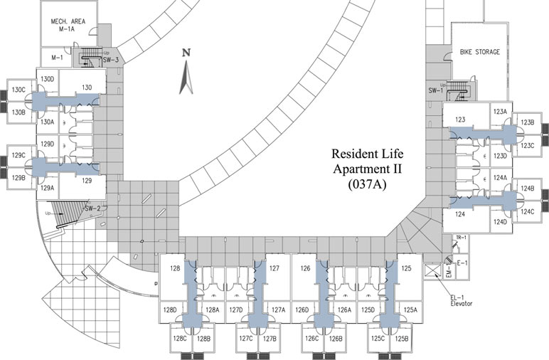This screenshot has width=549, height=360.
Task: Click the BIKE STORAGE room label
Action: tap(480, 52)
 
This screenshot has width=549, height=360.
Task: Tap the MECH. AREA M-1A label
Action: tap(68, 26)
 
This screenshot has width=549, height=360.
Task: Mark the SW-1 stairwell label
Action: tap(436, 90)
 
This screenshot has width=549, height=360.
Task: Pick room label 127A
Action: tap(277, 309)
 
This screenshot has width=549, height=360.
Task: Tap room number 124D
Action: tap(500, 222)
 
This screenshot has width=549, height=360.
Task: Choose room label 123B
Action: tap(527, 122)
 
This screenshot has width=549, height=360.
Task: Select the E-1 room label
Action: tap(462, 263)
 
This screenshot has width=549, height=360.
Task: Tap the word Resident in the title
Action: tap(353, 153)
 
